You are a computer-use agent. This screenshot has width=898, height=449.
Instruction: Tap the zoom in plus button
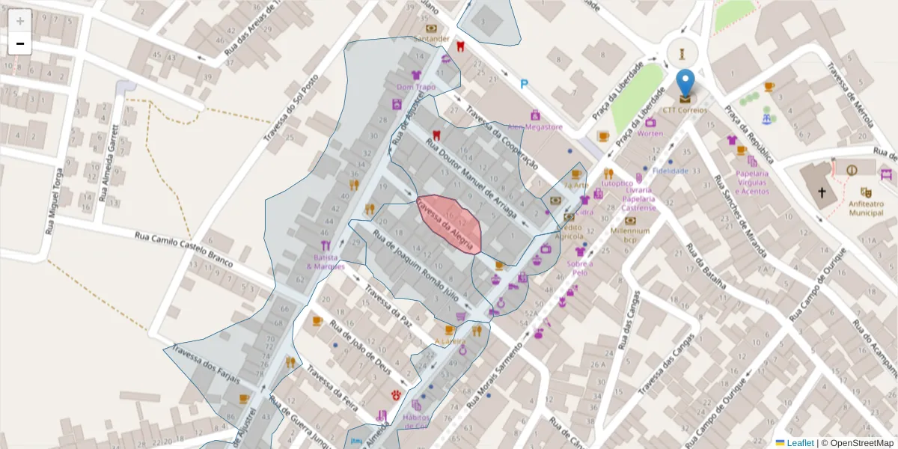click(x=20, y=21)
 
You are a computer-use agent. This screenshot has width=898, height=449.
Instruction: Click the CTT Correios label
click(x=685, y=110)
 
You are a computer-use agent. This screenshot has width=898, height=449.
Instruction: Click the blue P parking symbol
click(x=524, y=85)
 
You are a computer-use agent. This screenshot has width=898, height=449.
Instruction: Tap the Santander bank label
click(x=432, y=39)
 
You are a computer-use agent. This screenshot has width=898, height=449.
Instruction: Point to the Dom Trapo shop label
click(x=416, y=87)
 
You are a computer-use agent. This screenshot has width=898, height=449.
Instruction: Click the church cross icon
click(x=822, y=192)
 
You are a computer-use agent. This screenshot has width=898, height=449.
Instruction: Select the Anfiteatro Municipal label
click(x=866, y=208)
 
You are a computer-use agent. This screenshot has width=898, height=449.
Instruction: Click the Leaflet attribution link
click(x=800, y=443)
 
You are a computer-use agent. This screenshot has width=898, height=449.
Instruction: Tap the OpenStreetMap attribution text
click(x=858, y=443)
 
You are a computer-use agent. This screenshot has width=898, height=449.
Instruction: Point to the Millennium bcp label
click(x=630, y=235)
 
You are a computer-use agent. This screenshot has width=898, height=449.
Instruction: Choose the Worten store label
click(x=650, y=133)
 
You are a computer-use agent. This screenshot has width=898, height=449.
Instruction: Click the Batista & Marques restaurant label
click(x=326, y=262)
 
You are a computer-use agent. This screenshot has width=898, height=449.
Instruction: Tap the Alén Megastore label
click(x=535, y=126)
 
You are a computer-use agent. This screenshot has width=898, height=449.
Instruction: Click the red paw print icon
click(x=395, y=394)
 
